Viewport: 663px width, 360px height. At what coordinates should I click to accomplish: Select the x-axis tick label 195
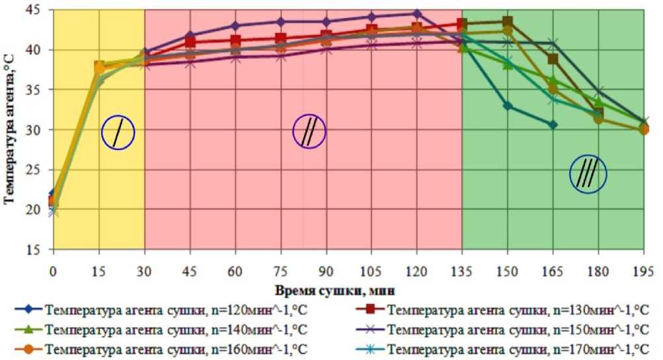click(644, 271)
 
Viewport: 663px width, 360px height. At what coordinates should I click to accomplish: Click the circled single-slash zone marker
click(118, 133)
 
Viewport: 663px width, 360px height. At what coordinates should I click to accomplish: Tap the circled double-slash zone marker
click(309, 131)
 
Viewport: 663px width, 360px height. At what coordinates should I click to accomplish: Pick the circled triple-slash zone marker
click(588, 174)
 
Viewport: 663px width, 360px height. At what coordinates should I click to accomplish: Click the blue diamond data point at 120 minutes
click(416, 13)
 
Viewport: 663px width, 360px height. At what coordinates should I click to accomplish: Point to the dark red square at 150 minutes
click(507, 22)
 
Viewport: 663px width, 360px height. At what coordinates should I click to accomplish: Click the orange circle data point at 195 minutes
click(644, 129)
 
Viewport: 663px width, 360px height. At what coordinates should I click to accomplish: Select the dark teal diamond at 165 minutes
click(553, 124)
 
